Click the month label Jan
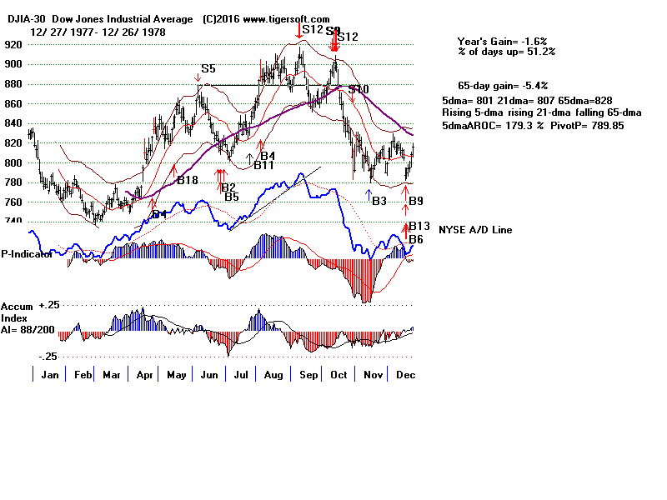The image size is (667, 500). pos(51,374)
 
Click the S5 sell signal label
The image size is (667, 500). pos(208,69)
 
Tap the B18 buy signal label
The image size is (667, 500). pos(188,180)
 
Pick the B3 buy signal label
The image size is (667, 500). pos(379,201)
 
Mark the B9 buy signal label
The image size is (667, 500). pos(416,201)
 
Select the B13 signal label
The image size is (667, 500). pos(419,226)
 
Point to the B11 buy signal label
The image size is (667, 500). pos(264,165)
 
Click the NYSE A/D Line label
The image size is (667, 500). pos(474,230)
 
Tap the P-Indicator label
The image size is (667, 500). pos(27,254)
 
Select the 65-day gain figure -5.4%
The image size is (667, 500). pos(535,85)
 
